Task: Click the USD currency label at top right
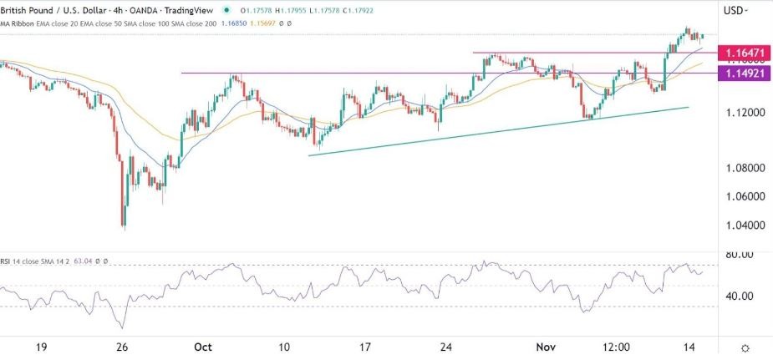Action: coord(734,10)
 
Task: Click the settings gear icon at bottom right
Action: coord(745,347)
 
